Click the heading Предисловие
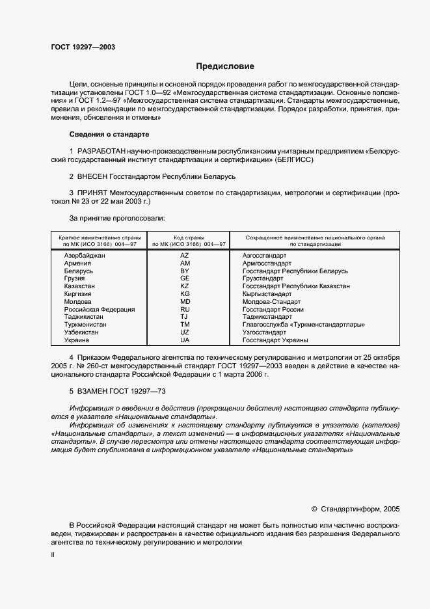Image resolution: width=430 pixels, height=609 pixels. [226, 66]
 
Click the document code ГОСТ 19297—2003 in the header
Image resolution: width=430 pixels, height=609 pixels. [83, 47]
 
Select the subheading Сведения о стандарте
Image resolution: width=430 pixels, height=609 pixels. [109, 134]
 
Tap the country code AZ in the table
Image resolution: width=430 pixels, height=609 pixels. [185, 256]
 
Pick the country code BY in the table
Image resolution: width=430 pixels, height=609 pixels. [185, 271]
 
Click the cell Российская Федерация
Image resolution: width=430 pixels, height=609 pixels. [100, 309]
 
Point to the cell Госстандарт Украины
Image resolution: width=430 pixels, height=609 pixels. [275, 340]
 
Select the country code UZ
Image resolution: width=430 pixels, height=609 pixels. [185, 332]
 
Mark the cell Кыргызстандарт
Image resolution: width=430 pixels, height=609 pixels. [270, 294]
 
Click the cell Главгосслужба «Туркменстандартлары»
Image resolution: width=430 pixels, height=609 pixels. [303, 324]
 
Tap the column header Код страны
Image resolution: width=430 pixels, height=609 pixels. [189, 237]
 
